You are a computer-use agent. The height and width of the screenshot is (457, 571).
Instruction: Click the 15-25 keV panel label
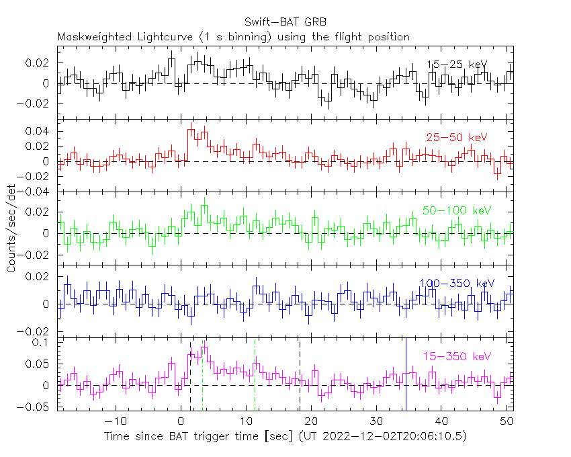pos(457,65)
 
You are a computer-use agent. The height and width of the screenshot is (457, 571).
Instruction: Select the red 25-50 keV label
pos(456,138)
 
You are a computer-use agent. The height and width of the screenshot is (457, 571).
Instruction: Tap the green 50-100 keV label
pos(457,210)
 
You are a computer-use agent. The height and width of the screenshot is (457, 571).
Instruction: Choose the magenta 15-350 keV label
pos(457,356)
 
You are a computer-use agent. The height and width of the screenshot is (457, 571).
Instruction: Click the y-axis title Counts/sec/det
pos(11,229)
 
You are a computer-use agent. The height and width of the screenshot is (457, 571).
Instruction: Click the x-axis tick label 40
pos(441,421)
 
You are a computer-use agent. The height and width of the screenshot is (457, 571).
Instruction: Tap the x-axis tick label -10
pos(116,421)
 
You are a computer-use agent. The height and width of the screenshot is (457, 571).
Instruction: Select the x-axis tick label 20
pos(311,421)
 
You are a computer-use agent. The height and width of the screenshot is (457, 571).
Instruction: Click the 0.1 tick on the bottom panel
pos(44,342)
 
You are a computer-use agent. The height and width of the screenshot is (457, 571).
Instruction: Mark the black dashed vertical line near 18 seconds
pos(300,376)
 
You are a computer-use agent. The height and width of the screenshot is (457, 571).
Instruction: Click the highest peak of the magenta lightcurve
pos(205,348)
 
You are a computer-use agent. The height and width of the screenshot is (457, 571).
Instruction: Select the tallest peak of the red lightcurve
pos(191,128)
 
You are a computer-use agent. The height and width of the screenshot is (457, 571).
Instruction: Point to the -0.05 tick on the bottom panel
pos(40,407)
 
